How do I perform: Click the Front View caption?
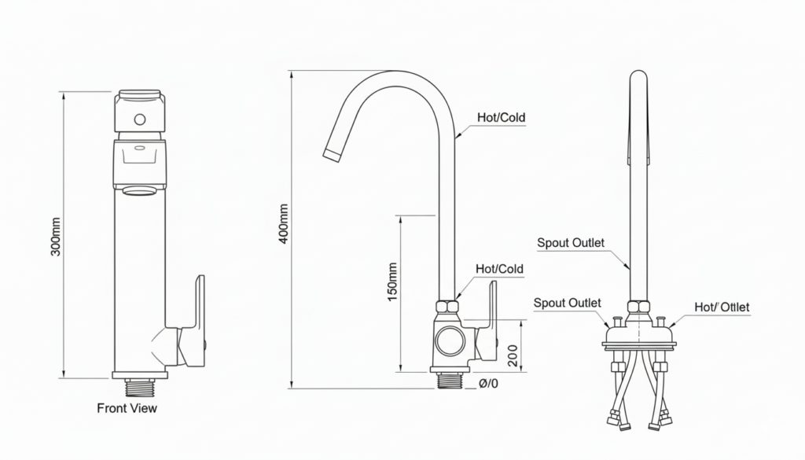[127, 408]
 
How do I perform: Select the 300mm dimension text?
[56, 237]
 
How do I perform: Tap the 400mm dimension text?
[283, 224]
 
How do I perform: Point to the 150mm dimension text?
[392, 282]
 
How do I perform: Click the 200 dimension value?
[513, 355]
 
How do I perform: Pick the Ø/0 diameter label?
[488, 384]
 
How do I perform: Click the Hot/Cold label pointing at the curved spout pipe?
[501, 118]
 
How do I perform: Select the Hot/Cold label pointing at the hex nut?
[499, 269]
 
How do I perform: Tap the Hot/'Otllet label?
[722, 307]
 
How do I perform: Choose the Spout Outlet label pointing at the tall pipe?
[571, 243]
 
